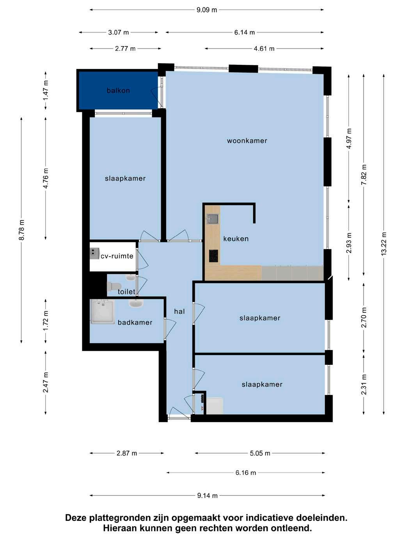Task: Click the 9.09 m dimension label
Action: [206, 10]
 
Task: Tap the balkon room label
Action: [118, 91]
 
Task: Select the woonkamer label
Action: [247, 141]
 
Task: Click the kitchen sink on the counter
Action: [213, 218]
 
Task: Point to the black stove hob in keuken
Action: [214, 256]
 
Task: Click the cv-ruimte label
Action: [117, 256]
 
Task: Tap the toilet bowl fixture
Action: [114, 286]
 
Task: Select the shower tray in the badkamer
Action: [102, 311]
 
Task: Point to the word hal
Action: [179, 311]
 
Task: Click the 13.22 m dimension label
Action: [384, 244]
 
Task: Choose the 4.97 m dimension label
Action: [348, 139]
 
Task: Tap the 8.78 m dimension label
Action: [21, 230]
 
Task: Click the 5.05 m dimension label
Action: [260, 453]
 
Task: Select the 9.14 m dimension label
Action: [207, 496]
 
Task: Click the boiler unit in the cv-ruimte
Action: [94, 253]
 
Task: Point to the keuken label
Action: [236, 239]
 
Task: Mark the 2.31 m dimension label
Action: [364, 385]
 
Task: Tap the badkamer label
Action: [135, 322]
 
